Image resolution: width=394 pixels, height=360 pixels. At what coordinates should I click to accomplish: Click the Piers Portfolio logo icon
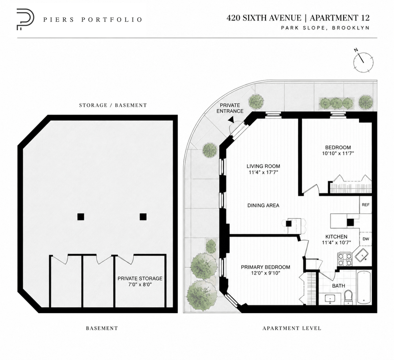click(25, 19)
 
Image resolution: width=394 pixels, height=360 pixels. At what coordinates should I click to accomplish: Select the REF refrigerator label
click(365, 205)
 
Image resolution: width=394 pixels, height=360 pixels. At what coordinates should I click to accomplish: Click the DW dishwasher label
click(366, 239)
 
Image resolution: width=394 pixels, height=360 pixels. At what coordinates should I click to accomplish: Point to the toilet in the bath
click(348, 297)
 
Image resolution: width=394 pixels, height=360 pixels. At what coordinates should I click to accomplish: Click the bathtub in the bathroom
click(364, 287)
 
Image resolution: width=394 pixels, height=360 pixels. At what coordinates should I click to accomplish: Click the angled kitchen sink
click(361, 255)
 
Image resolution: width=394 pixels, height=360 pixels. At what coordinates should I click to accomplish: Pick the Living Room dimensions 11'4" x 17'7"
click(263, 172)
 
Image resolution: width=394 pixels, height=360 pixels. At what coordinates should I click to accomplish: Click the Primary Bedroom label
click(266, 267)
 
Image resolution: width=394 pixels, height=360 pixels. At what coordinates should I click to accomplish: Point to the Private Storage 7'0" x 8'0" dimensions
click(140, 284)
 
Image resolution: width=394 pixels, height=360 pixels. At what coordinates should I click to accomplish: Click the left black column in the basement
click(81, 217)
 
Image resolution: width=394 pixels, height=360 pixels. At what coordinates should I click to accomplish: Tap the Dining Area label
click(263, 205)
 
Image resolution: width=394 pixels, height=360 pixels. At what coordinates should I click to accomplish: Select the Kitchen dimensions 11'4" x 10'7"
click(337, 242)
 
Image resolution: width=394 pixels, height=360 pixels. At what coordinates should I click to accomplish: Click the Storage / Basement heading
click(113, 105)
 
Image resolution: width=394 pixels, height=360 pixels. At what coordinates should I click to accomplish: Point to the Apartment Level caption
click(292, 328)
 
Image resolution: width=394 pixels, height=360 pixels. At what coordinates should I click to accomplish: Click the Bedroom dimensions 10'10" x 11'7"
click(338, 153)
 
